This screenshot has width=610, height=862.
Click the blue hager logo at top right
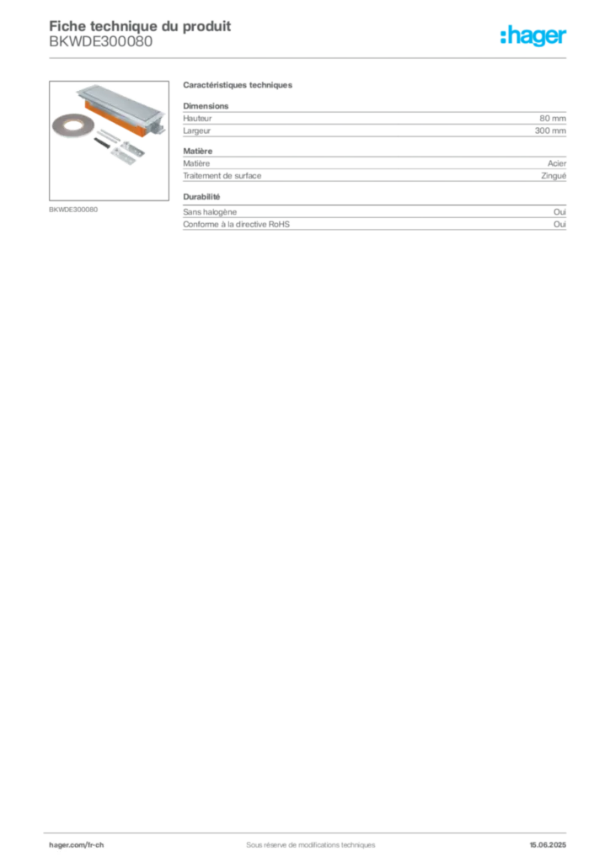pyautogui.click(x=534, y=37)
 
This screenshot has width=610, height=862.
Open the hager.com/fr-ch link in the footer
pyautogui.click(x=76, y=843)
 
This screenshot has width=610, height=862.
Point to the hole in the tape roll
pyautogui.click(x=69, y=125)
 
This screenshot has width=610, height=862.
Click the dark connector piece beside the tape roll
pyautogui.click(x=101, y=143)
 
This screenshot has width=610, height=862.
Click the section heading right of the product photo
pyautogui.click(x=238, y=87)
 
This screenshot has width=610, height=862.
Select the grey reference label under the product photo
pyautogui.click(x=74, y=209)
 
